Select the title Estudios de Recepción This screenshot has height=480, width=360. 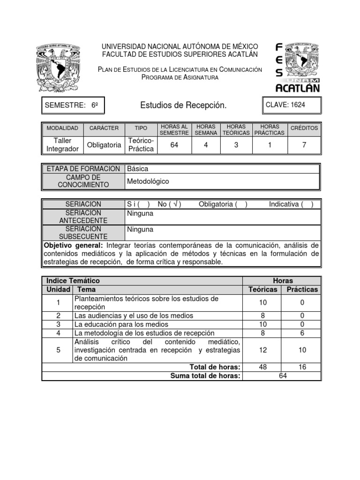[x=183, y=105]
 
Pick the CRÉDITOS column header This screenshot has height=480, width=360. [x=304, y=128]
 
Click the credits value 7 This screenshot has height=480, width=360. [x=304, y=145]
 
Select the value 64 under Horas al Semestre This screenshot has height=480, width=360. [x=174, y=145]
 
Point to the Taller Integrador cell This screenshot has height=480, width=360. [x=62, y=145]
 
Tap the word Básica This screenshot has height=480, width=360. [x=138, y=169]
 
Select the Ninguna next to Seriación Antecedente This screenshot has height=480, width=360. [x=140, y=213]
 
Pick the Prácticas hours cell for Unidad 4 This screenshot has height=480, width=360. [x=302, y=333]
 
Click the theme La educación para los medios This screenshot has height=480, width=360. [x=121, y=324]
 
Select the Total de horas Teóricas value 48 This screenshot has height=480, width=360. [x=262, y=367]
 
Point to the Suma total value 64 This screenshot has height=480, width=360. [x=282, y=376]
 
